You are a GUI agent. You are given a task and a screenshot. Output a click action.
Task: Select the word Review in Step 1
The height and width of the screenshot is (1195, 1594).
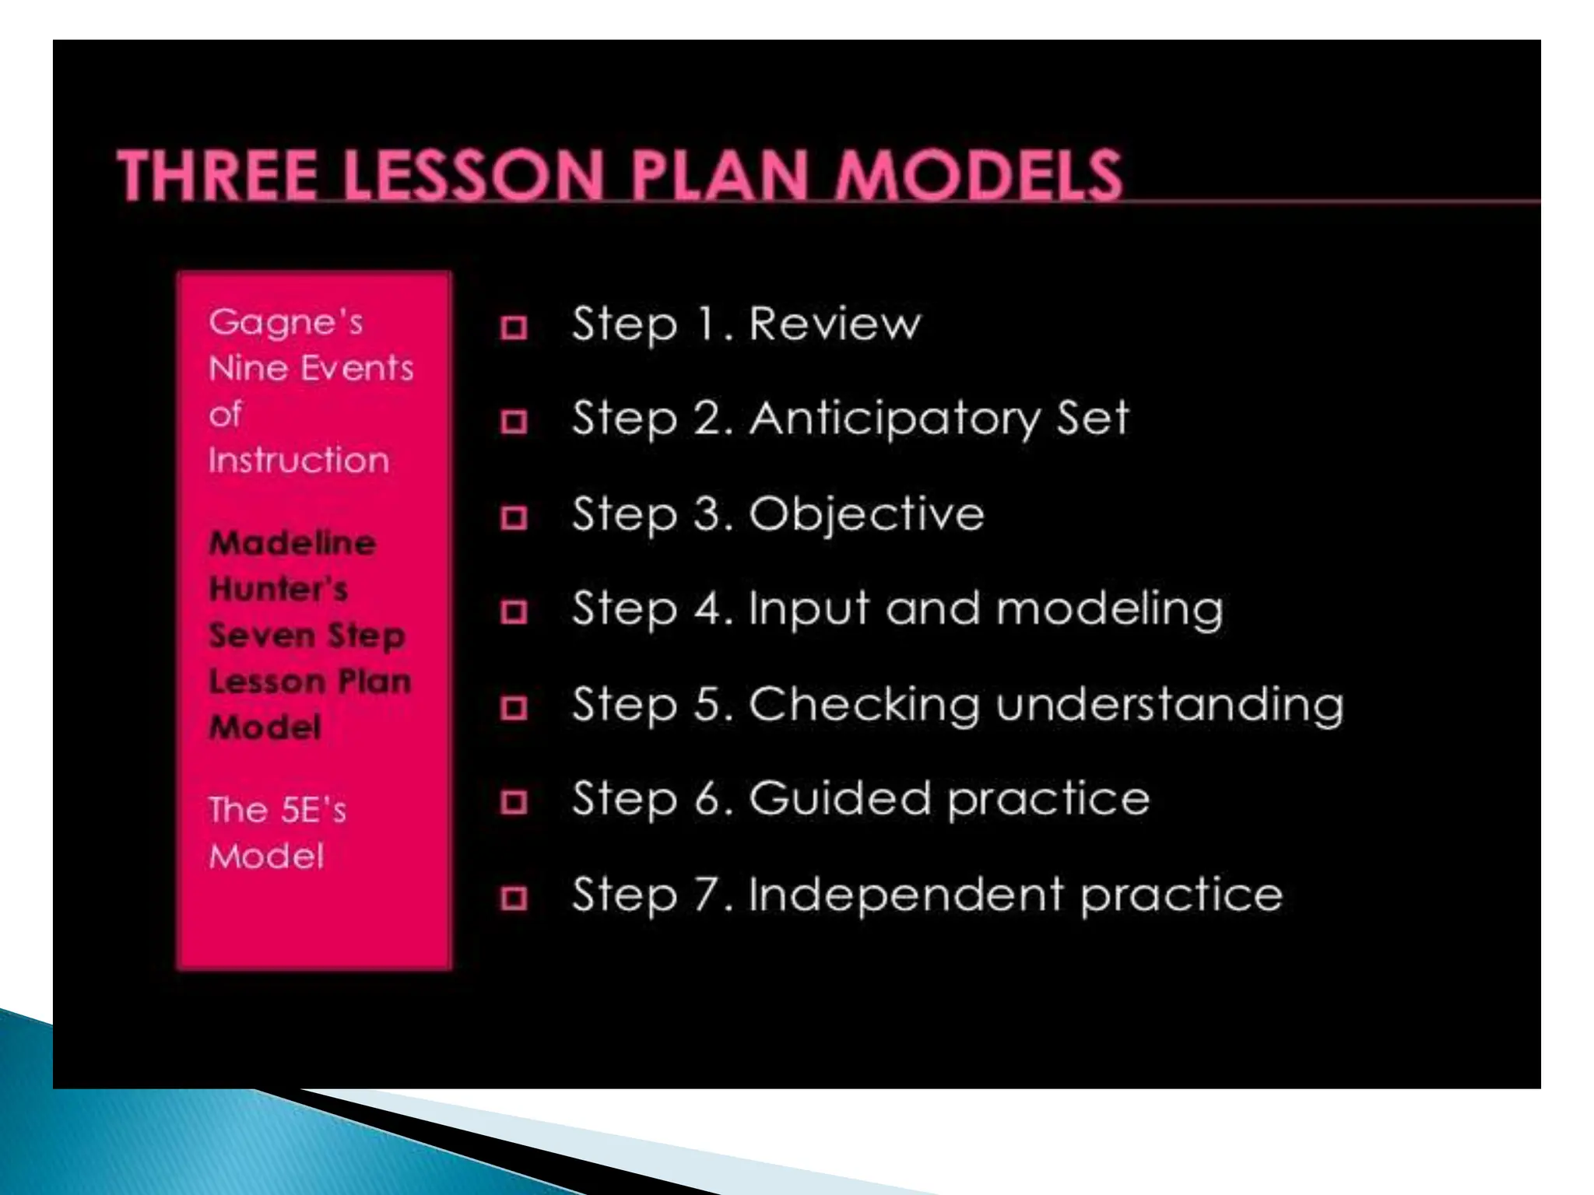click(x=834, y=324)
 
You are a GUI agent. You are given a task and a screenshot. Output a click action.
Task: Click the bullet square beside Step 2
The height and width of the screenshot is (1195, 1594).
click(x=514, y=422)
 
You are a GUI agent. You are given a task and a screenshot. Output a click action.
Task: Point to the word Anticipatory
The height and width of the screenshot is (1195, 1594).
click(x=895, y=420)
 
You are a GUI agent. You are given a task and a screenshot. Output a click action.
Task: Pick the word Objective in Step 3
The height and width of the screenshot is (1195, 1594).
click(x=866, y=513)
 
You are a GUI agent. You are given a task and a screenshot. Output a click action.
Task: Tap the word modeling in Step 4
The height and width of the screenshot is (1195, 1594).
click(x=1110, y=610)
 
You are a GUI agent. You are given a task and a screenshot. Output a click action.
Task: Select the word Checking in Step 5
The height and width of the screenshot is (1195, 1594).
click(x=864, y=706)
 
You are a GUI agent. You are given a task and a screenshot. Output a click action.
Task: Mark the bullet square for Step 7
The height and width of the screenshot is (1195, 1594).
click(x=514, y=898)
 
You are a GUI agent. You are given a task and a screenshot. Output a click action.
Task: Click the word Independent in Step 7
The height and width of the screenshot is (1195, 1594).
click(x=905, y=894)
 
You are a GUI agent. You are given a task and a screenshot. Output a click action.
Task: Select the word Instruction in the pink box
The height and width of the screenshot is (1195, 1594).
click(x=299, y=461)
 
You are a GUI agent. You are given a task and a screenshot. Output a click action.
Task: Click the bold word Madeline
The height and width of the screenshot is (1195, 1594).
click(x=293, y=543)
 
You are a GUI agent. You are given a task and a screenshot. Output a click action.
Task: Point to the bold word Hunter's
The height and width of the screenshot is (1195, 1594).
click(x=279, y=589)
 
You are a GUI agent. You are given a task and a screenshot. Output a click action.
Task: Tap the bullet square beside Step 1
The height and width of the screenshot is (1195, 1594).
click(x=514, y=328)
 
